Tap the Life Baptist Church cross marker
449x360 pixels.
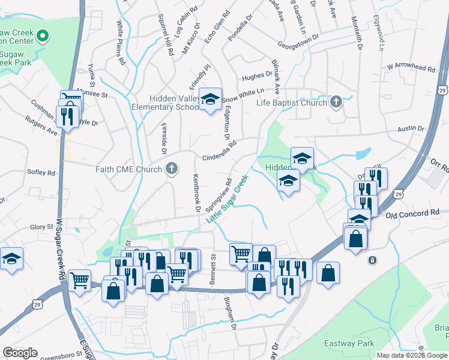coord(336,102)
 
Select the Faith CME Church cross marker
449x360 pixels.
coord(172,169)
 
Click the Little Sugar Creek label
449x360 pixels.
coord(228,199)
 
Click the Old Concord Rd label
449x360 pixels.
coord(412,213)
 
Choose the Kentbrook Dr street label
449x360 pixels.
coord(195,193)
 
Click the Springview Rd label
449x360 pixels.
coord(218,194)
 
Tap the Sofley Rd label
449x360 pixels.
coord(41,172)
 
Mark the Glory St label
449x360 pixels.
coord(41,227)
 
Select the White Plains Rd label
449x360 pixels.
coord(121,43)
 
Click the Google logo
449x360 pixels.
coord(19,353)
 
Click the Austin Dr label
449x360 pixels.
coord(411,128)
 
